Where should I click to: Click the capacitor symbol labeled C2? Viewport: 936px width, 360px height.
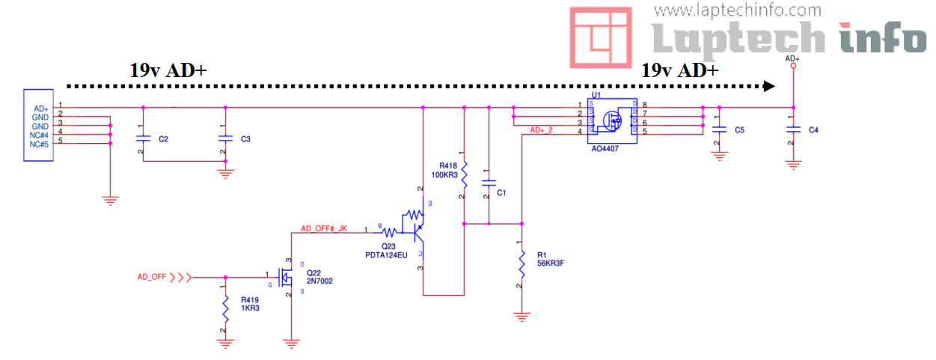[143, 138]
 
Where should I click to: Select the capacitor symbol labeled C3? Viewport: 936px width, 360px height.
[224, 138]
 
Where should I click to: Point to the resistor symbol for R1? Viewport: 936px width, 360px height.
[521, 263]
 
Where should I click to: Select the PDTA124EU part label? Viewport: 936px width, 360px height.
[386, 254]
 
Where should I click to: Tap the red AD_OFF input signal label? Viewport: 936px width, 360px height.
[152, 277]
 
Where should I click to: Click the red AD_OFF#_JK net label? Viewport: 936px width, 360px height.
[324, 228]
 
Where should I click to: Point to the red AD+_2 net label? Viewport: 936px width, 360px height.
[541, 130]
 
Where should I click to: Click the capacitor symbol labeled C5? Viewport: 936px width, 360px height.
[718, 130]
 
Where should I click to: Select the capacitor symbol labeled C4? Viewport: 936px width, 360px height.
[792, 130]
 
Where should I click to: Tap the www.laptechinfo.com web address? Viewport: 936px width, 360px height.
[737, 10]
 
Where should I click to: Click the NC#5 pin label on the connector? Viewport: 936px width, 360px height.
[40, 144]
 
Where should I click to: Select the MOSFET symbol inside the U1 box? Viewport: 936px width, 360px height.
[614, 120]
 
